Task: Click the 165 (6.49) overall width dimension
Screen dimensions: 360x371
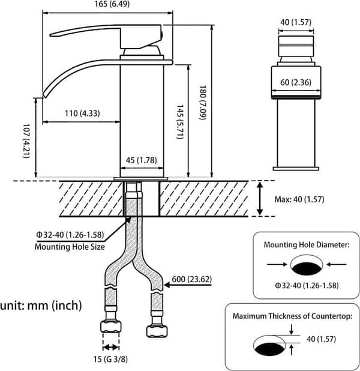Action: point(112,4)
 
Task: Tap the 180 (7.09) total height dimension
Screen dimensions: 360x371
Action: point(203,103)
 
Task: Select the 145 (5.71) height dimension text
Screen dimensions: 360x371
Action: point(180,122)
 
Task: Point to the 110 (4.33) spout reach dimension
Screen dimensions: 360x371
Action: point(82,113)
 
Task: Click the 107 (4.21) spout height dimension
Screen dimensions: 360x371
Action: point(26,141)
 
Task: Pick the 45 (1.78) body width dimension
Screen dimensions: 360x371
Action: point(141,160)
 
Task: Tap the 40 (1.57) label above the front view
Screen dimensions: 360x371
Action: point(296,22)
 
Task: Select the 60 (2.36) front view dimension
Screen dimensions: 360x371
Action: point(296,82)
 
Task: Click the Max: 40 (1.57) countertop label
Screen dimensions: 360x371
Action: point(299,199)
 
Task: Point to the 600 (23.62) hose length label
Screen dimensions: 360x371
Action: point(191,279)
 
